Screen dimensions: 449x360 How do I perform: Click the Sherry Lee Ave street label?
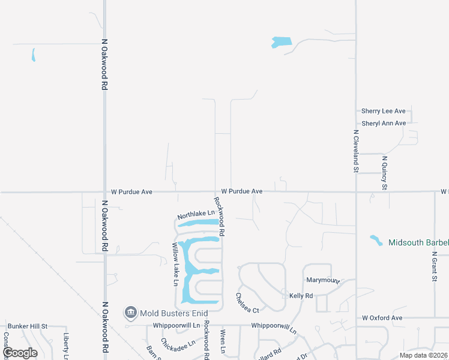[x=384, y=111]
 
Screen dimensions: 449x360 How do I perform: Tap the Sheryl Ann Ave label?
[x=384, y=123]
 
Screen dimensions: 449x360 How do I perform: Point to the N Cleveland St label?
[x=356, y=152]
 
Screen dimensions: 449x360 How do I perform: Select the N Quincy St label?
[x=385, y=173]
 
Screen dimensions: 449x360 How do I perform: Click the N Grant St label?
[x=434, y=266]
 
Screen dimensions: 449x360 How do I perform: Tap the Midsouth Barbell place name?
[x=418, y=242]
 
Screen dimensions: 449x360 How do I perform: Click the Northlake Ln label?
[x=196, y=214]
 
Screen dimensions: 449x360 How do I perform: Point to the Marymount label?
[x=323, y=280]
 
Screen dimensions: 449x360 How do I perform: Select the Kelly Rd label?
[x=301, y=296]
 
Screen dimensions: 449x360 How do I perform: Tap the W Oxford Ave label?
[x=382, y=317]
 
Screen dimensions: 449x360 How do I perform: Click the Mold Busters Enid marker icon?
[x=130, y=313]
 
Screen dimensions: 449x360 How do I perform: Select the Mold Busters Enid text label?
[x=173, y=313]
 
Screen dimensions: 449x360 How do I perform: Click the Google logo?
[x=20, y=353]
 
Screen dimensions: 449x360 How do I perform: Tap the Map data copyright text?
[x=423, y=355]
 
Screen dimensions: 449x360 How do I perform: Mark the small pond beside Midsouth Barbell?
[x=376, y=240]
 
